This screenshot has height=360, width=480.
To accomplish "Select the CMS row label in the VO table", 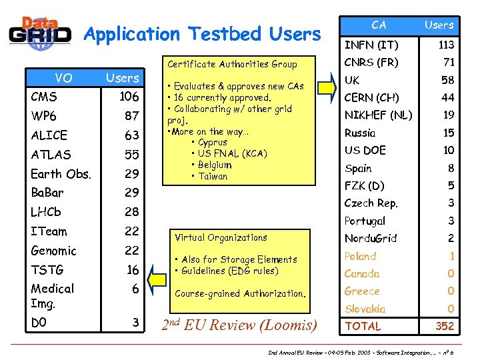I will point(45,97).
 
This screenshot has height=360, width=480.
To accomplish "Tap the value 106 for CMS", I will point(129,97).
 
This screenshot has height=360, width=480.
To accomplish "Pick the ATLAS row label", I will point(51,155).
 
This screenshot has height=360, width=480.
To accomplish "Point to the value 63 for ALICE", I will point(131,135).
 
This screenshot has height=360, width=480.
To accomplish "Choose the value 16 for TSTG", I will point(132,269).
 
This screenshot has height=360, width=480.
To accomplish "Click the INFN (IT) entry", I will point(371,45).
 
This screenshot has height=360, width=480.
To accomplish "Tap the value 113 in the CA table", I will point(446,45).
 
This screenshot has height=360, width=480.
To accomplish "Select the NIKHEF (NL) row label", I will point(379,115).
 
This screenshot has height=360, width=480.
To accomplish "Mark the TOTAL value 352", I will point(444,326).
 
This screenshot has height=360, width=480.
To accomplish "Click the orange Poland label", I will point(360,256).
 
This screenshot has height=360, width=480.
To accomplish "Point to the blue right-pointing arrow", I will point(327,87).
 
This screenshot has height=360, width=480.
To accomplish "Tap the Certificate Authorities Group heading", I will point(232,65).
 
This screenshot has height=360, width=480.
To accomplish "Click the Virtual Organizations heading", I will point(221,237).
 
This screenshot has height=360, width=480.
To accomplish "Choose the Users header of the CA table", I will point(439,25).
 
